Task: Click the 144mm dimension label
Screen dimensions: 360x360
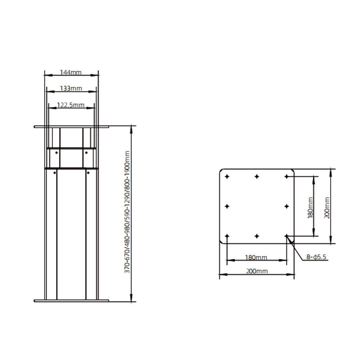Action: click(x=71, y=73)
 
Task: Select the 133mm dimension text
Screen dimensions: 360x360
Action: click(x=71, y=88)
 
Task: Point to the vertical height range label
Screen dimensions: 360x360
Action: click(x=127, y=212)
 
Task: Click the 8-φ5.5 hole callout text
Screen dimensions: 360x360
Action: click(x=316, y=257)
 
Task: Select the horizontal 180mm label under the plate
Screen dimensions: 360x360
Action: click(x=256, y=257)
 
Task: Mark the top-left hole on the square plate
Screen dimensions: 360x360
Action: click(x=227, y=176)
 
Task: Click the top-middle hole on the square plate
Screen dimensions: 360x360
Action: click(x=257, y=176)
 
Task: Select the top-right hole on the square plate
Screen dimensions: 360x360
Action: click(x=287, y=176)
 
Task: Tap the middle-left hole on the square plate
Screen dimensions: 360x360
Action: click(x=227, y=206)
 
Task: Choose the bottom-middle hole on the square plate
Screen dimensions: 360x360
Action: click(x=257, y=236)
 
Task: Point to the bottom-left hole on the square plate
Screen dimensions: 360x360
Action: click(x=227, y=236)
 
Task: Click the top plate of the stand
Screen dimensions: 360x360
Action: click(x=71, y=127)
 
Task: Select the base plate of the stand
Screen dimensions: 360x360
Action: click(x=71, y=300)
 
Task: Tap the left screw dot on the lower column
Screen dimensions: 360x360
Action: click(x=55, y=173)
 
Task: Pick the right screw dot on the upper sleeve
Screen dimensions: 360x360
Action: click(x=87, y=152)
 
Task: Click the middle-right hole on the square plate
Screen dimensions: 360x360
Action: click(x=287, y=206)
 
